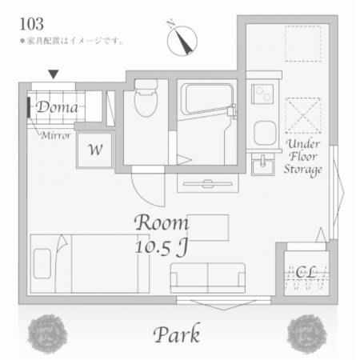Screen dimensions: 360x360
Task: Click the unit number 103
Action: click(31, 24)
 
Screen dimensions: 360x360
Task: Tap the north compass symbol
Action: click(182, 39)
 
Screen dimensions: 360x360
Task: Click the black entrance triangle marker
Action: click(54, 74)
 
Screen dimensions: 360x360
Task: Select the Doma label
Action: click(57, 107)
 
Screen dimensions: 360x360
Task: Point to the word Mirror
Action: click(56, 135)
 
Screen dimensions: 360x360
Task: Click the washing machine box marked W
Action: click(95, 150)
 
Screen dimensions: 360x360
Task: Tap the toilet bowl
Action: click(146, 98)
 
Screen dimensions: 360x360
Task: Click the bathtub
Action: click(207, 99)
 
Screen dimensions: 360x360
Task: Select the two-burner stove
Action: click(262, 94)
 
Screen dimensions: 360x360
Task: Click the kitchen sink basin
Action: click(265, 133)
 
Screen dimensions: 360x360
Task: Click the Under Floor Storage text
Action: click(303, 158)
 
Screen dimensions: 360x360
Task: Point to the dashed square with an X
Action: click(303, 115)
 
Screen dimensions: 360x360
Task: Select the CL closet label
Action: click(306, 272)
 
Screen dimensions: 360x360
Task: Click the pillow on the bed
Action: click(42, 263)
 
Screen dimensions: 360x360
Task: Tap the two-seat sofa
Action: click(208, 278)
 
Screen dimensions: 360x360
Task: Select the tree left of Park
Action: click(47, 334)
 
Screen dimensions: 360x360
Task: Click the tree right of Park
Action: click(306, 334)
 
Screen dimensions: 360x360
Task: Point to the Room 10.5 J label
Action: click(162, 235)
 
